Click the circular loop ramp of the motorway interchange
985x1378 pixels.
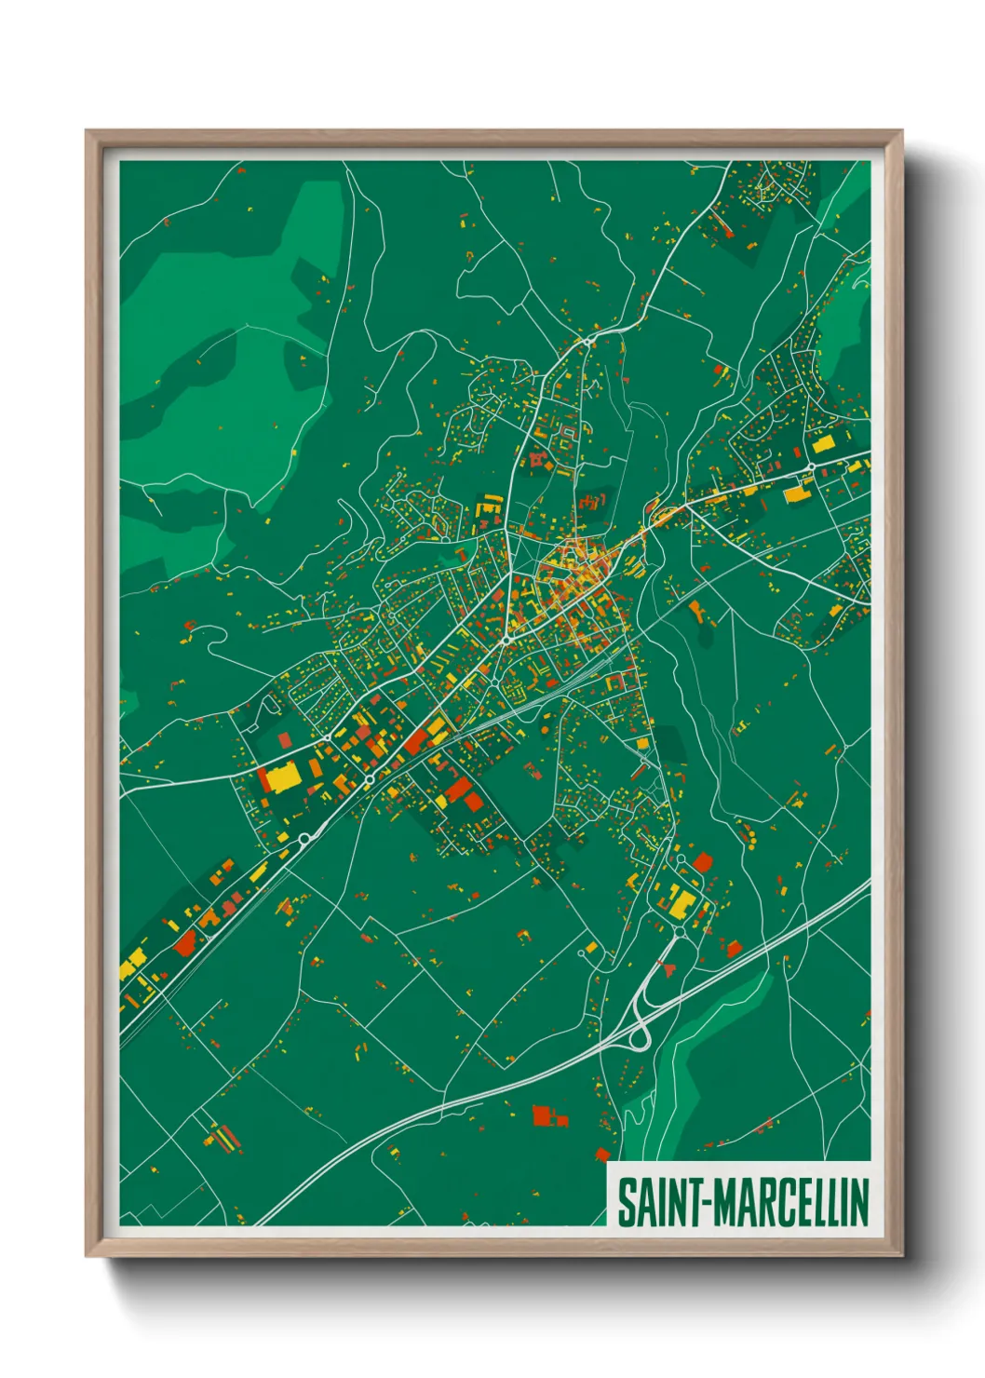[x=641, y=1036]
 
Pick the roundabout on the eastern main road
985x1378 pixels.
[x=812, y=466]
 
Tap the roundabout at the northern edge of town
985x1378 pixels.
[x=588, y=343]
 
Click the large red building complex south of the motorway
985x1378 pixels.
[x=542, y=1114]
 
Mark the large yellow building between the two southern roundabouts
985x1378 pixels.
[x=682, y=900]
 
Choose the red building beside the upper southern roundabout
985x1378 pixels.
[x=702, y=862]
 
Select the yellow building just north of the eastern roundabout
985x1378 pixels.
[x=823, y=444]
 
